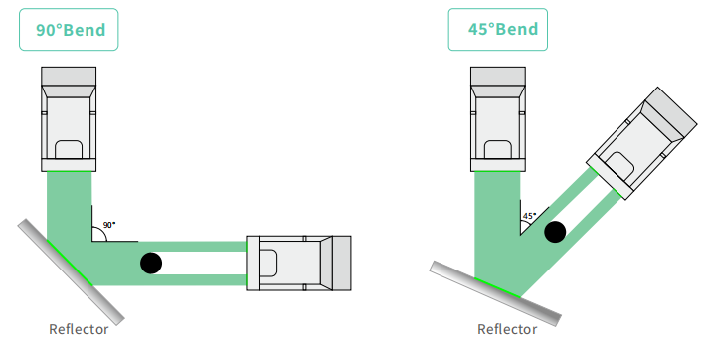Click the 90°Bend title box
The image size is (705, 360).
click(69, 29)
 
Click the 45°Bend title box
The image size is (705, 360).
click(498, 29)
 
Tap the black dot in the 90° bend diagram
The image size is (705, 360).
click(151, 263)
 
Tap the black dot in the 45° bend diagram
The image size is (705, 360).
click(555, 232)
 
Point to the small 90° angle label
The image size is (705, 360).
click(109, 225)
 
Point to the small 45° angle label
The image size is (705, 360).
click(529, 216)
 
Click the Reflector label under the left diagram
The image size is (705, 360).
click(79, 329)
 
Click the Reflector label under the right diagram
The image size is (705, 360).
click(507, 329)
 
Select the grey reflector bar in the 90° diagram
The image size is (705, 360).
click(71, 271)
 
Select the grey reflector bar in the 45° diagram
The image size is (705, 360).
click(495, 293)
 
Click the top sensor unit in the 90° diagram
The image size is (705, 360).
click(69, 119)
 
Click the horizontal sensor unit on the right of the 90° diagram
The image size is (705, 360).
click(298, 263)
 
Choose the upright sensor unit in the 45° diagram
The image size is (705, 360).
click(498, 119)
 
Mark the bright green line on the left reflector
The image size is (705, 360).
click(70, 263)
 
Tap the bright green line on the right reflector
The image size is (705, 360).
click(498, 287)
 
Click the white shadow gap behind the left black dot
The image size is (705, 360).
click(202, 263)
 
